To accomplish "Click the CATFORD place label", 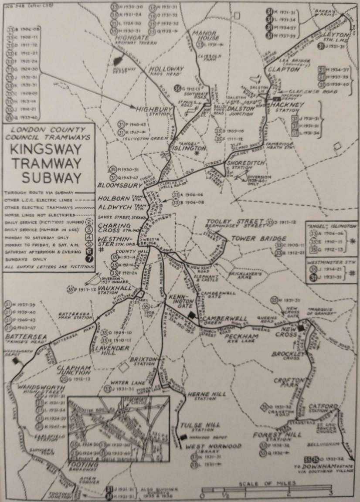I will (323, 407).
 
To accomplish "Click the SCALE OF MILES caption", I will (267, 483).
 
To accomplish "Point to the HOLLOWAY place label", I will (167, 69).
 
